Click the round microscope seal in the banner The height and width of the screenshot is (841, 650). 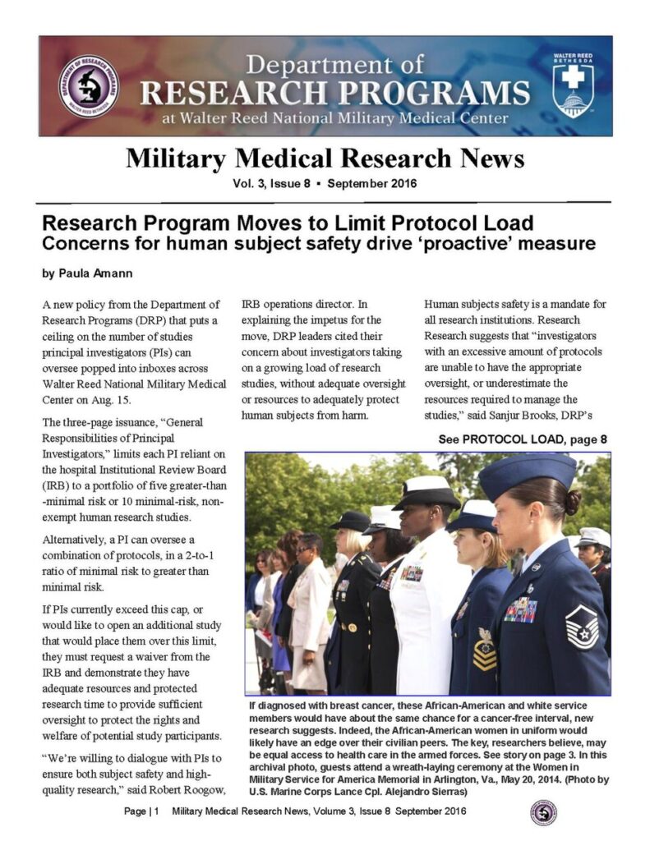(89, 85)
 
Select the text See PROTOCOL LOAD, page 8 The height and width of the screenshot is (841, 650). (523, 439)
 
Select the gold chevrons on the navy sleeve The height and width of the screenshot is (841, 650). (484, 654)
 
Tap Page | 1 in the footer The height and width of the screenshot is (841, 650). (141, 812)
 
